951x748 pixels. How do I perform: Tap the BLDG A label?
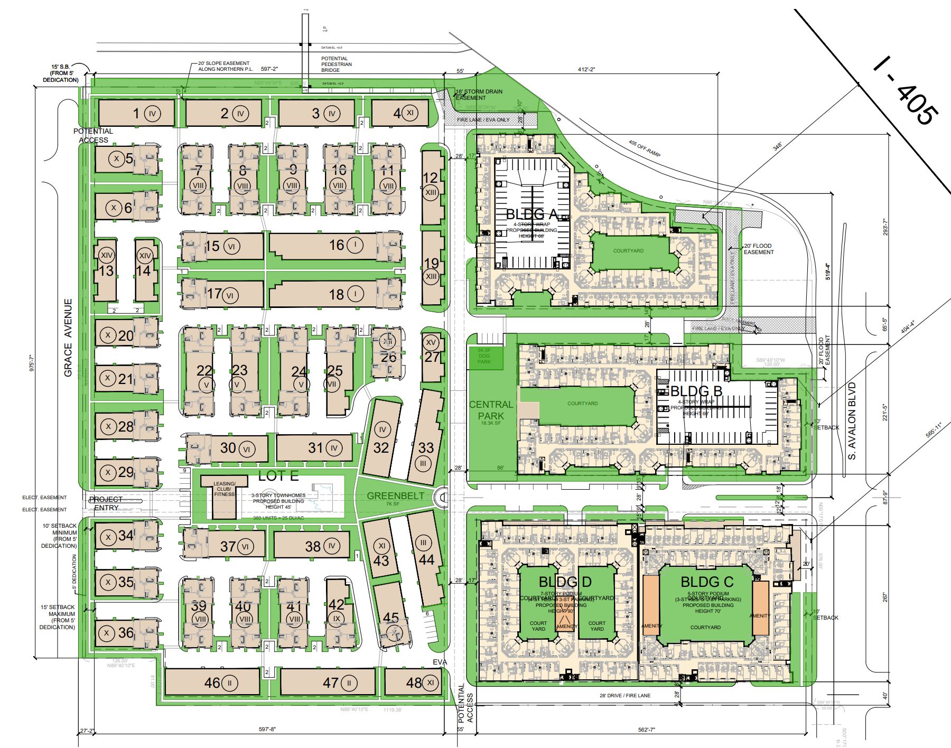click(x=532, y=214)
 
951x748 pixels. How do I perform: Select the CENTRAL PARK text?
click(x=491, y=410)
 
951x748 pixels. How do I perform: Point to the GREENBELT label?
click(x=396, y=495)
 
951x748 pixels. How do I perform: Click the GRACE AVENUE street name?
click(x=68, y=338)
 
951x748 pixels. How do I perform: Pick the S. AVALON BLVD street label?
click(x=852, y=421)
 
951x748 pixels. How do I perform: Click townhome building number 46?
click(x=212, y=683)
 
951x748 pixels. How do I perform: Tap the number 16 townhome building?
click(x=337, y=245)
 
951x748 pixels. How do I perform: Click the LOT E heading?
click(x=278, y=476)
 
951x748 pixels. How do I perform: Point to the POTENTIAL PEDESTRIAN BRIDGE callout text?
click(x=337, y=64)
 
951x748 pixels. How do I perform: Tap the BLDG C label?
click(x=707, y=582)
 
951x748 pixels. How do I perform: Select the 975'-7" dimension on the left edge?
click(x=32, y=364)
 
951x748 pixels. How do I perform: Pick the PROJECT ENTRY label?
click(x=106, y=503)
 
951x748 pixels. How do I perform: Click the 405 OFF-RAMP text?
click(x=645, y=148)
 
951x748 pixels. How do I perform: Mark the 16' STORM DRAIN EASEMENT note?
click(x=479, y=95)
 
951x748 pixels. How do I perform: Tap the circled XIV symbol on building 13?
click(x=107, y=256)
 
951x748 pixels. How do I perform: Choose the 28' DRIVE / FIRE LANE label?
click(x=625, y=696)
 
